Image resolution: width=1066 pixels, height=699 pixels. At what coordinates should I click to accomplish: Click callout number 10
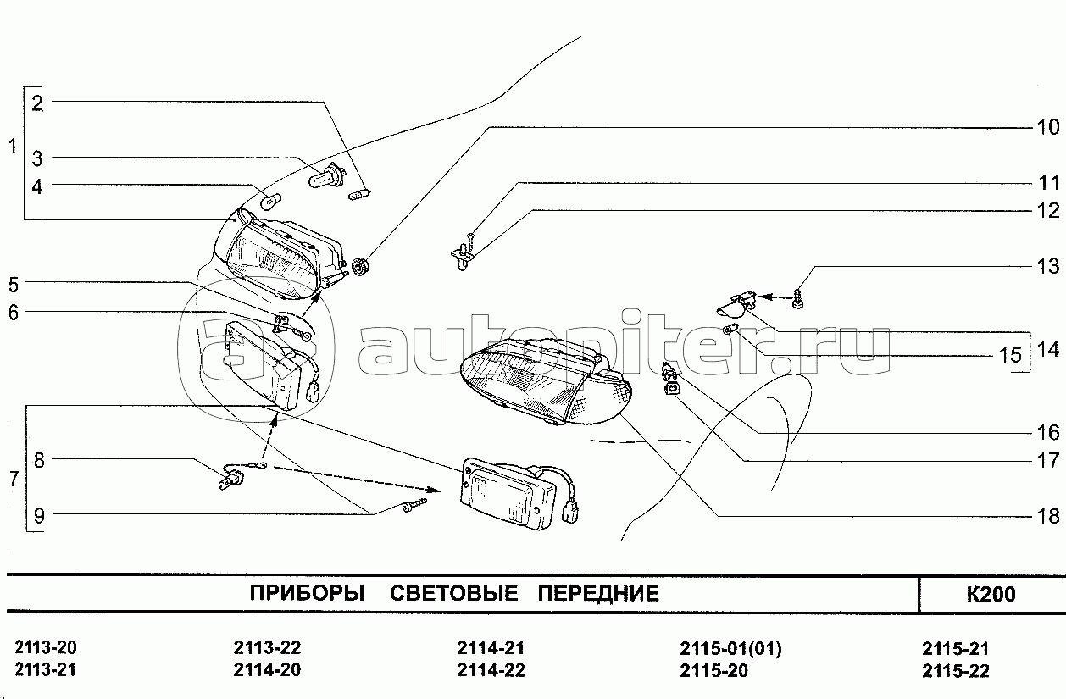(x=1048, y=127)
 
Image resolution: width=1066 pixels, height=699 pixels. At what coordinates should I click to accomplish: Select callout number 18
(x=1048, y=516)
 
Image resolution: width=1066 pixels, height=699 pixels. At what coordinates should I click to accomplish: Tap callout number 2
(x=37, y=103)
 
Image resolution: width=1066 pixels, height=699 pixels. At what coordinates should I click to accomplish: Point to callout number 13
(x=1048, y=266)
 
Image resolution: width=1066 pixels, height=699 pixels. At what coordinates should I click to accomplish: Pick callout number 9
(x=39, y=516)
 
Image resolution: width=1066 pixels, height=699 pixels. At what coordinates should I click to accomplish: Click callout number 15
(x=1010, y=355)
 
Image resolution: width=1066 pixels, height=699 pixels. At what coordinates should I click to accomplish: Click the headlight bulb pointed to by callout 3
(x=326, y=176)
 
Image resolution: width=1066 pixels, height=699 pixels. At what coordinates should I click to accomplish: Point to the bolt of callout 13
(x=798, y=298)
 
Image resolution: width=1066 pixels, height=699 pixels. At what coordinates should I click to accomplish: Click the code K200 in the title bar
(x=991, y=594)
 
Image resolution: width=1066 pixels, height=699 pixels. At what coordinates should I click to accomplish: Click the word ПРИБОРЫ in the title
(x=307, y=594)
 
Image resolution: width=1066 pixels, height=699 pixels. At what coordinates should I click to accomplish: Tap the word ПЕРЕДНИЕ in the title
(x=598, y=594)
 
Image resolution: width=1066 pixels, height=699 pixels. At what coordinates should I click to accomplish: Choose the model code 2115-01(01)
(x=730, y=648)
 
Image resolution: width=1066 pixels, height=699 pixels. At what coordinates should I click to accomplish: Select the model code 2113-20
(x=46, y=647)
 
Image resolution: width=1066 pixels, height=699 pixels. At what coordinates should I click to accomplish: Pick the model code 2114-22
(x=491, y=670)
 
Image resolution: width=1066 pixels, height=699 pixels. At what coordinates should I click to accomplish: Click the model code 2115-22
(x=956, y=670)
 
